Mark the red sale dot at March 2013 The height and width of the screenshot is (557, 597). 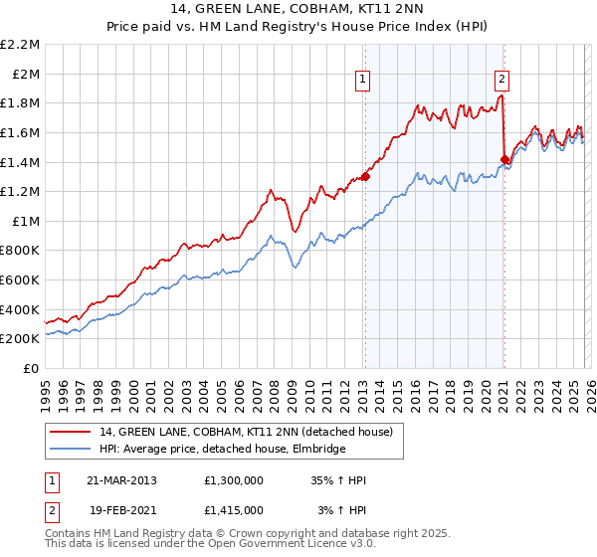click(365, 177)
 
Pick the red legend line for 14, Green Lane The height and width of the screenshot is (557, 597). click(71, 433)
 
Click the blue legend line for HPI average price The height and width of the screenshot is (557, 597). click(71, 450)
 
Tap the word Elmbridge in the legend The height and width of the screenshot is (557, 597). click(317, 450)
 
